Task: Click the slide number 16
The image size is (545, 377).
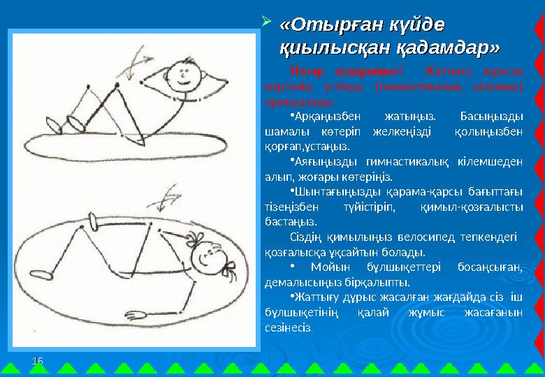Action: coord(38,360)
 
